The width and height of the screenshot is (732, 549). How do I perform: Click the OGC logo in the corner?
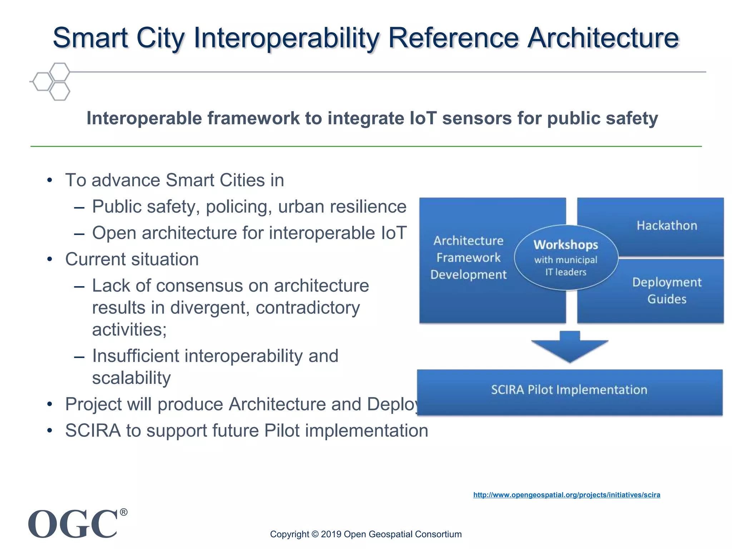pyautogui.click(x=73, y=524)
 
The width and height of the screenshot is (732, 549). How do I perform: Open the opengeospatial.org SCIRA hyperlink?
pyautogui.click(x=567, y=495)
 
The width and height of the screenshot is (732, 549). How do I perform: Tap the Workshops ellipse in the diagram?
pyautogui.click(x=566, y=257)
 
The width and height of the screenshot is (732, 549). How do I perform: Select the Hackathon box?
pyautogui.click(x=667, y=226)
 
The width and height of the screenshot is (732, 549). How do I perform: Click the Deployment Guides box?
pyautogui.click(x=667, y=291)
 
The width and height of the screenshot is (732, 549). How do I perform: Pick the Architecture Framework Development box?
pyautogui.click(x=468, y=258)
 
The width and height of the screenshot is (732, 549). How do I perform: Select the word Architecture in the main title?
pyautogui.click(x=603, y=38)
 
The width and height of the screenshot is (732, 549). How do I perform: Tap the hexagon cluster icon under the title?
pyautogui.click(x=52, y=81)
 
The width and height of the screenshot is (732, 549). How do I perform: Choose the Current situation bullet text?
pyautogui.click(x=132, y=259)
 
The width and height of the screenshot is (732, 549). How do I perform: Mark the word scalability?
pyautogui.click(x=131, y=378)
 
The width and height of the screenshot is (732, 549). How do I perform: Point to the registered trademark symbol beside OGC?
pyautogui.click(x=123, y=512)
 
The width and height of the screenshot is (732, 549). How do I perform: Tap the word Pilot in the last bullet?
pyautogui.click(x=282, y=431)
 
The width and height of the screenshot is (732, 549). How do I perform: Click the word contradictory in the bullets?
pyautogui.click(x=308, y=308)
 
